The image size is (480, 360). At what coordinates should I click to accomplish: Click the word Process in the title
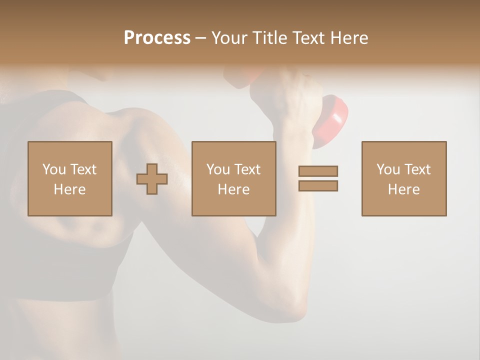[157, 38]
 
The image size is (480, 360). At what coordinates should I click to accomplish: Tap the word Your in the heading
[228, 38]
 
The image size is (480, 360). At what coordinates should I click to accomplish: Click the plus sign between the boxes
[152, 179]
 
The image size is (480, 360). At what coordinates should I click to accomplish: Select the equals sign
[318, 178]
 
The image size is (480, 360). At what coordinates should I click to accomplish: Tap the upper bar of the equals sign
[318, 171]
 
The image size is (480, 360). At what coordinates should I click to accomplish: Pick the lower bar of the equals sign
[318, 185]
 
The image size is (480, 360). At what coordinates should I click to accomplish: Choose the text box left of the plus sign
[70, 178]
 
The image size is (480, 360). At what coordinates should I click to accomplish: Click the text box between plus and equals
[233, 178]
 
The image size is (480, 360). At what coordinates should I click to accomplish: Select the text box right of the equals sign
[404, 178]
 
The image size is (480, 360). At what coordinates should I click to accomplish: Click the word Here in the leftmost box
[69, 189]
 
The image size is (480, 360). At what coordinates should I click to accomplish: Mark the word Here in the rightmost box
[404, 189]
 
